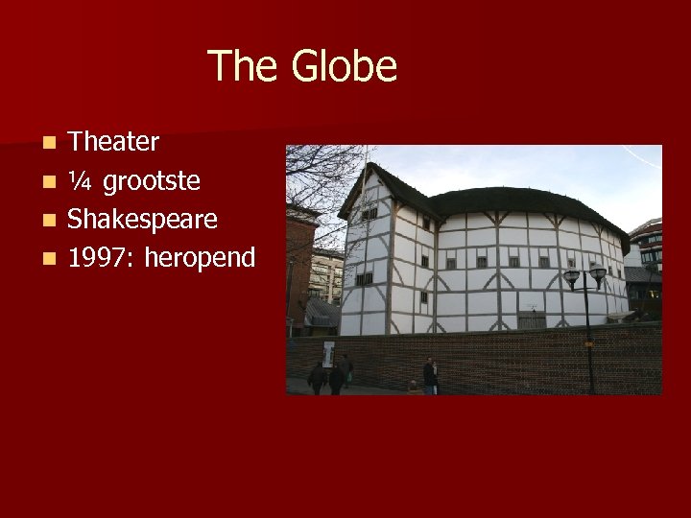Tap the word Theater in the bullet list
click(x=113, y=142)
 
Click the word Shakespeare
click(x=142, y=220)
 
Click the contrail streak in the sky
click(x=640, y=158)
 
